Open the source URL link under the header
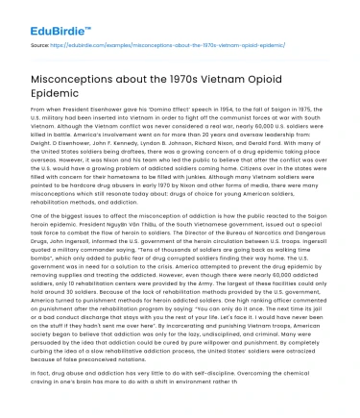[157, 44]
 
